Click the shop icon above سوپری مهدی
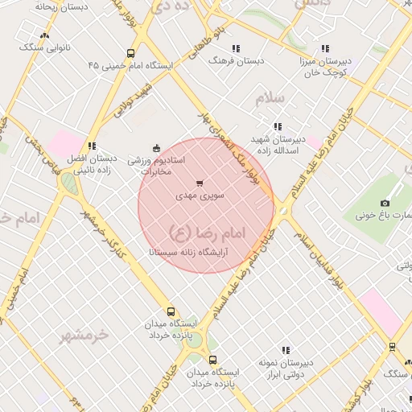coord(200,183)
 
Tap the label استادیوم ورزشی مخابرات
coord(158,166)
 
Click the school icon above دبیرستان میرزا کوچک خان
coord(325,48)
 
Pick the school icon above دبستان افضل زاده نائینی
coord(93,146)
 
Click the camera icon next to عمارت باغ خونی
coord(385,203)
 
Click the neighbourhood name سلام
coord(270,98)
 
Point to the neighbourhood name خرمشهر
coord(83,336)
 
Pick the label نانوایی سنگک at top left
coord(44,47)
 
